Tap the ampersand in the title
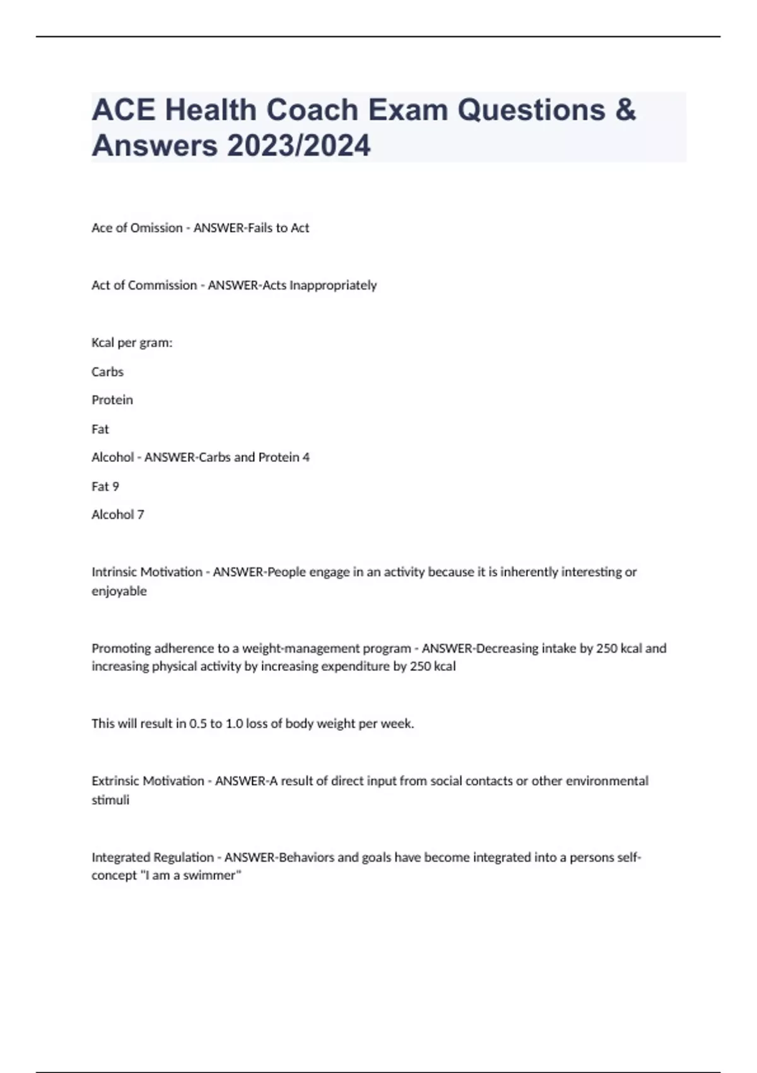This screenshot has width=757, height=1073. pyautogui.click(x=625, y=110)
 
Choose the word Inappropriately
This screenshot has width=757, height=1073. pyautogui.click(x=333, y=285)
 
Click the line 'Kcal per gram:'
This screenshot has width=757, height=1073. pyautogui.click(x=132, y=343)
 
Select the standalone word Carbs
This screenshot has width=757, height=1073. pyautogui.click(x=107, y=372)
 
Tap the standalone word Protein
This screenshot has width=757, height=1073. pyautogui.click(x=112, y=400)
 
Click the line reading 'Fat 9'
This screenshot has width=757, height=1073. pyautogui.click(x=105, y=487)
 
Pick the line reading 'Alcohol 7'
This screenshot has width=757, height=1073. pyautogui.click(x=118, y=515)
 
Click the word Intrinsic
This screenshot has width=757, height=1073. pyautogui.click(x=114, y=572)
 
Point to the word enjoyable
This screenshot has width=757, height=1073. pyautogui.click(x=119, y=591)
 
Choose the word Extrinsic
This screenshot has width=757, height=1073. pyautogui.click(x=115, y=781)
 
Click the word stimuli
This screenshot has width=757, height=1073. pyautogui.click(x=110, y=800)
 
